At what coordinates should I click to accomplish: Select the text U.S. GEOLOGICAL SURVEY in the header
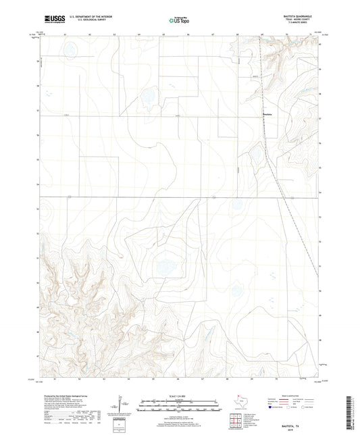86,22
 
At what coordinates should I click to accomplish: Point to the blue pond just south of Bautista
257,156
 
